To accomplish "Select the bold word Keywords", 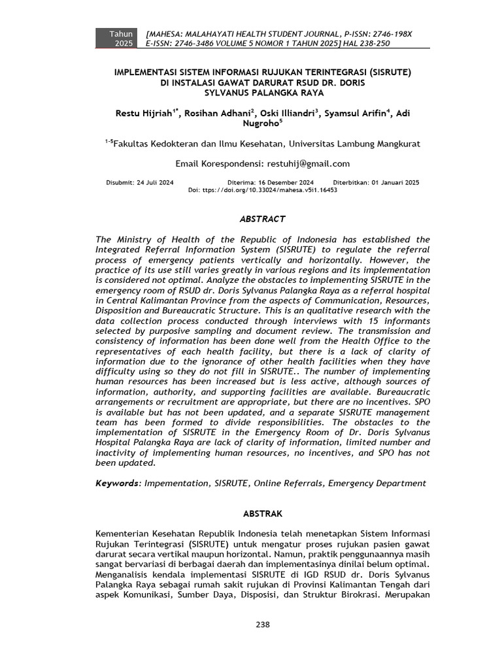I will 118,483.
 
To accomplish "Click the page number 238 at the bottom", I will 262,625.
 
